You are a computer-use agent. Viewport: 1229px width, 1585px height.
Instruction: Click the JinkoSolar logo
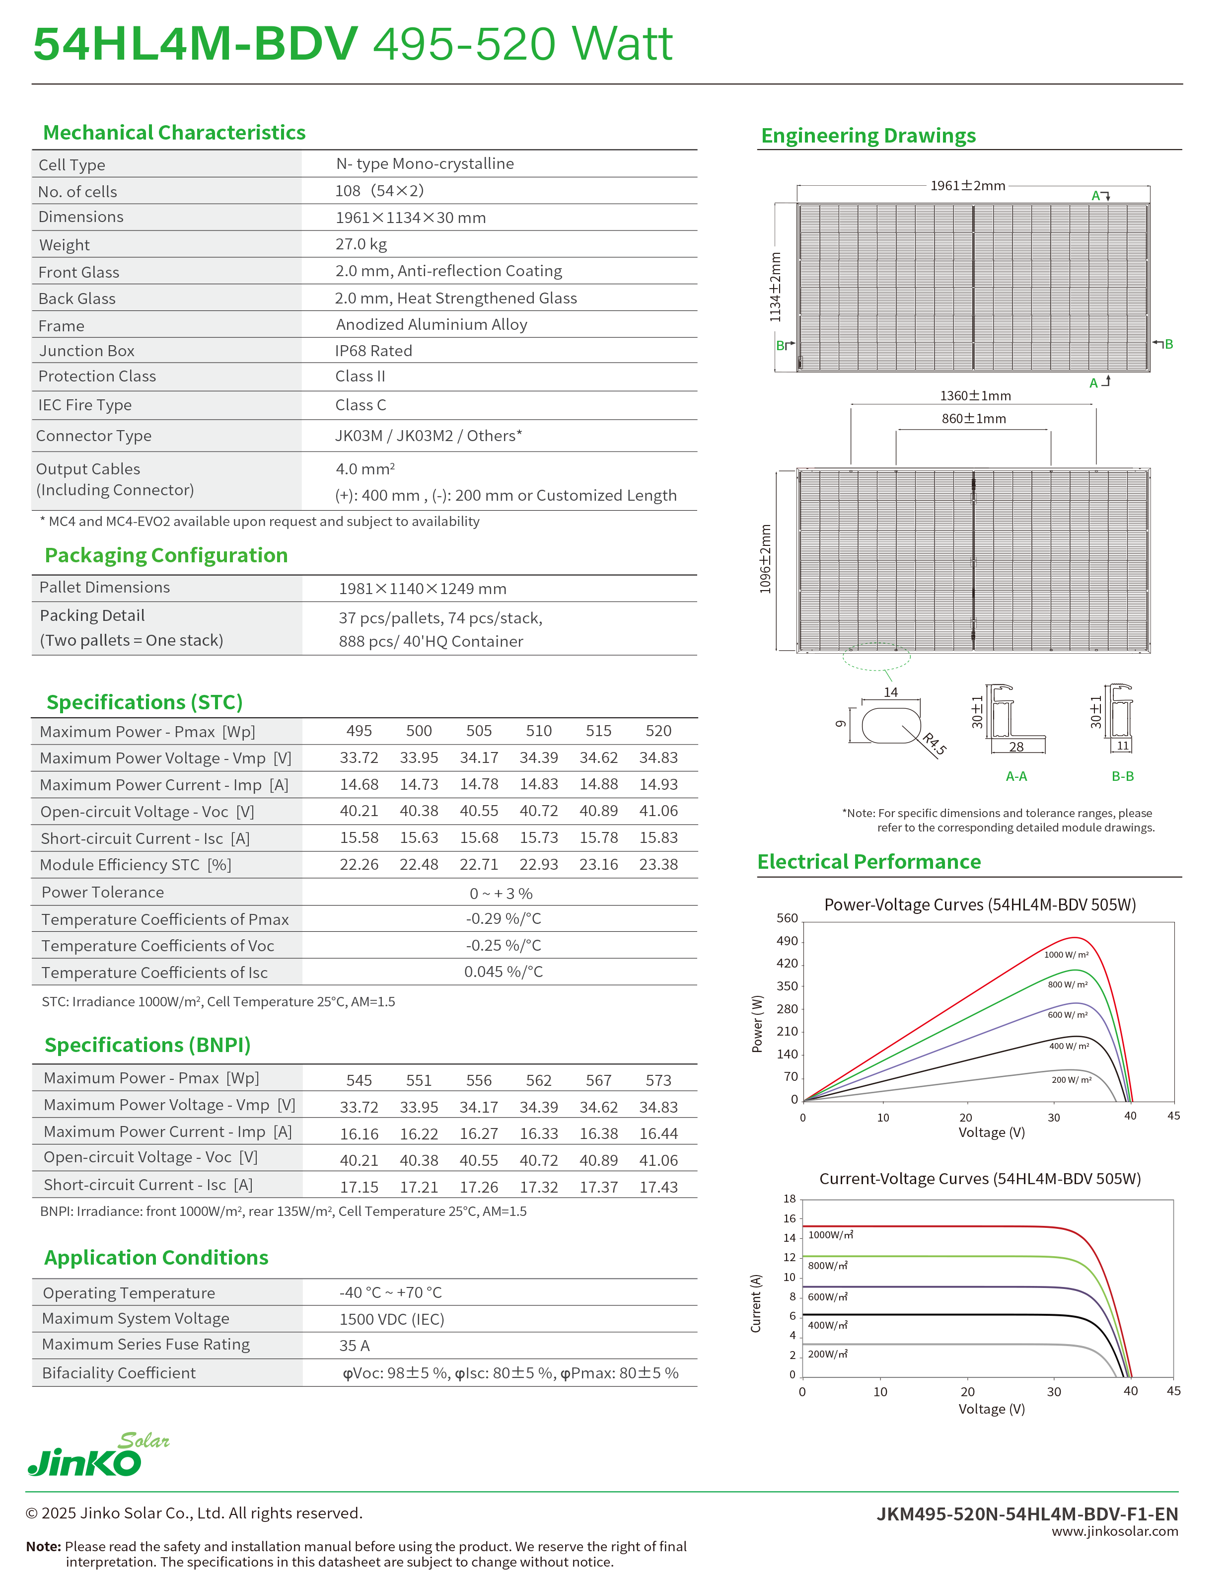[97, 1454]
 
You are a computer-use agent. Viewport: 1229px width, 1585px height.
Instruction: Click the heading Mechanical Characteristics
[174, 133]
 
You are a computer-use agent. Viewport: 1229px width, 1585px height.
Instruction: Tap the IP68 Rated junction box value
[373, 351]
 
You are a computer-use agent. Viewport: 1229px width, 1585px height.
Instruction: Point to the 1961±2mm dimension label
[967, 186]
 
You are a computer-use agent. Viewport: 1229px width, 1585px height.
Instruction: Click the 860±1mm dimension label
[974, 419]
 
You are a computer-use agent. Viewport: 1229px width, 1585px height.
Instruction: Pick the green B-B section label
[1122, 776]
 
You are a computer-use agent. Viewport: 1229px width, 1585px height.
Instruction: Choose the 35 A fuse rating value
[354, 1346]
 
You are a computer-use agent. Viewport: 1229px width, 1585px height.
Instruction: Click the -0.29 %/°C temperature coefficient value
[504, 919]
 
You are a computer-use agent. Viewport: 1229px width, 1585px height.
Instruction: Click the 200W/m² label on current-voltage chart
[827, 1354]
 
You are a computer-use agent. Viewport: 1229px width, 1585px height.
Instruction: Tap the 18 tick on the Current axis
[790, 1199]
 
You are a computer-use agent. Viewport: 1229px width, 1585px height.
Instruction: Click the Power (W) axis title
[757, 1023]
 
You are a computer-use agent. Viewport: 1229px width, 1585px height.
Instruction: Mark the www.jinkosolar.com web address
[1114, 1531]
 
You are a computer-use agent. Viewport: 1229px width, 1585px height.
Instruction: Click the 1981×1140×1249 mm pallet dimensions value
[422, 589]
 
